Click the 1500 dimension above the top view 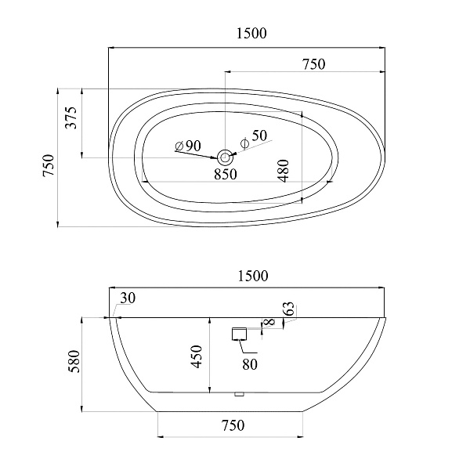point(251,33)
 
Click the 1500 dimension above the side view point(253,276)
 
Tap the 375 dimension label point(71,117)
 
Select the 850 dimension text point(226,174)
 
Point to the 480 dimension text point(284,171)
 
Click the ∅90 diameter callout point(188,146)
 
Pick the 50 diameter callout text point(254,136)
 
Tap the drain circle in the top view point(225,157)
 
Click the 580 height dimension point(74,361)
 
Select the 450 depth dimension point(197,356)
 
